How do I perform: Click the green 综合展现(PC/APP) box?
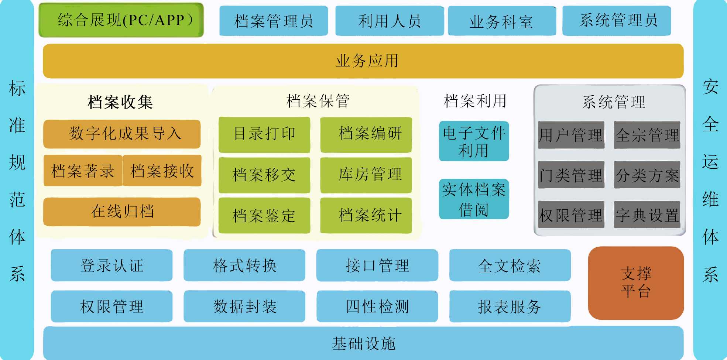[x=121, y=20]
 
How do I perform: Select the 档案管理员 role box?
[x=274, y=21]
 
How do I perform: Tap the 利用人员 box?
[x=390, y=21]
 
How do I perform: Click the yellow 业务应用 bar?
[x=363, y=61]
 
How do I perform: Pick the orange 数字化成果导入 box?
[x=122, y=134]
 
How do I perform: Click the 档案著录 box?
[x=83, y=171]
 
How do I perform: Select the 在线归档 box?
[x=122, y=212]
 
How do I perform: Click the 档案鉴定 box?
[x=264, y=216]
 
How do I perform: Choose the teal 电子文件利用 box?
[x=474, y=141]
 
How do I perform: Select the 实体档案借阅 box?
[x=474, y=199]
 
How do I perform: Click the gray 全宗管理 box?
[x=647, y=135]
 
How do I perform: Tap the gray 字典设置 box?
[x=647, y=215]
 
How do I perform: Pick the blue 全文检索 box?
[x=510, y=265]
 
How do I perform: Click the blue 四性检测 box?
[x=377, y=306]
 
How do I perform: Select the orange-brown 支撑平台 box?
[x=636, y=283]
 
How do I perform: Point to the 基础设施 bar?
[x=363, y=343]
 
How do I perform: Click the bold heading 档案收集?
[x=120, y=102]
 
